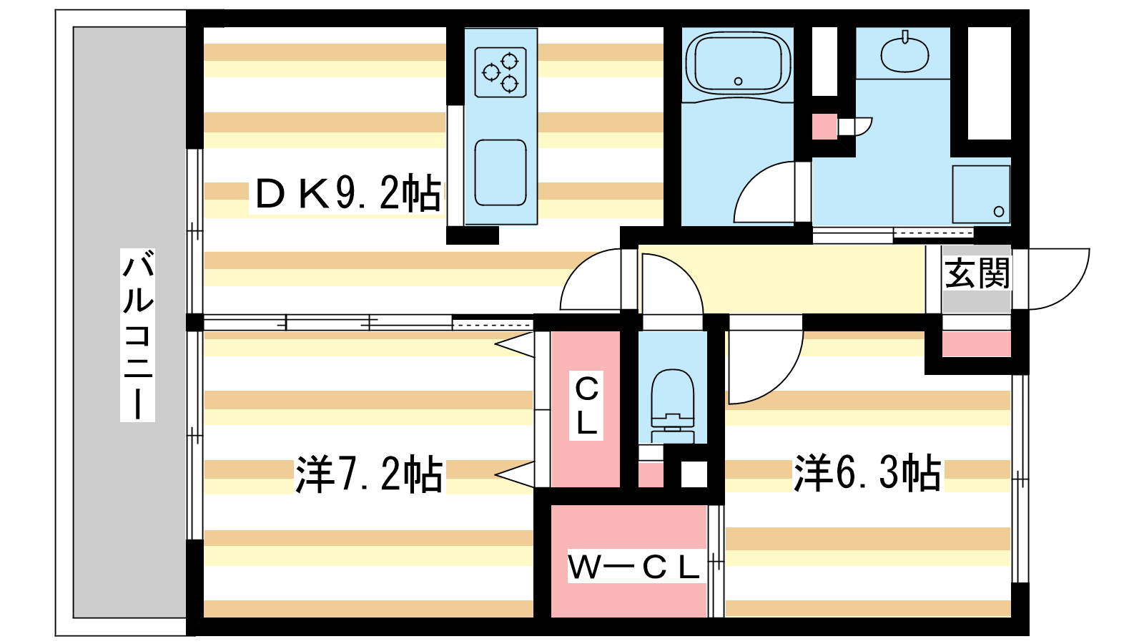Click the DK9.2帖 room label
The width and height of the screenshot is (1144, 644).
click(347, 193)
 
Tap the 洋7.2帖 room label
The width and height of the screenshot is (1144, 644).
click(369, 474)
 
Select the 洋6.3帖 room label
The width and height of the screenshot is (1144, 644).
click(867, 473)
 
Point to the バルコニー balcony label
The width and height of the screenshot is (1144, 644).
click(137, 335)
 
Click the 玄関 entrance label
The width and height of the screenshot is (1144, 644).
click(977, 273)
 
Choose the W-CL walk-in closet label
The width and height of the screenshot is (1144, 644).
click(633, 567)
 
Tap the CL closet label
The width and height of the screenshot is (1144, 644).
click(586, 405)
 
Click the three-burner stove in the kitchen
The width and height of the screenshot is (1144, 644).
click(500, 72)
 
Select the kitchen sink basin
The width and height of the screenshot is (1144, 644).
click(500, 172)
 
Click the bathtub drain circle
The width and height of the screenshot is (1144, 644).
click(738, 82)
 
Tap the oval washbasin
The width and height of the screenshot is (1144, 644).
click(905, 54)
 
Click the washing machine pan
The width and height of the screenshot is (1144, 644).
click(981, 194)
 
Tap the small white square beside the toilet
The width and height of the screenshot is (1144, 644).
click(694, 474)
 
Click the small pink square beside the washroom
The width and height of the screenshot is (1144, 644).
click(824, 126)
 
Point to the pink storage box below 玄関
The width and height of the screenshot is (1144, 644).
click(977, 344)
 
